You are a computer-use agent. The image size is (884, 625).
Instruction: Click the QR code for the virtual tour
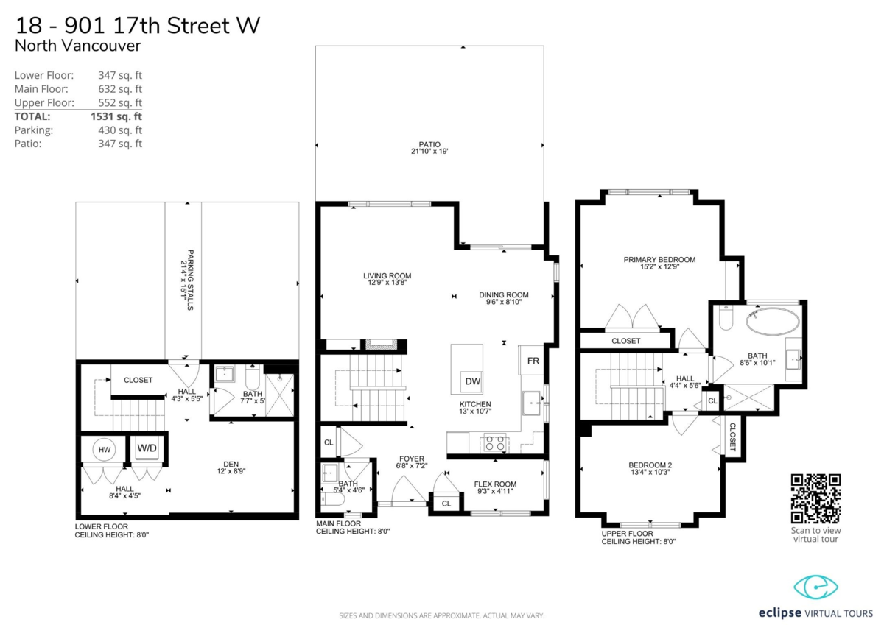[x=815, y=498]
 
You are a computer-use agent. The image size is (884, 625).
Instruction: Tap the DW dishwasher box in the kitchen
[x=472, y=381]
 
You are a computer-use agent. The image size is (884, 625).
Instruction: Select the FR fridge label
[x=533, y=361]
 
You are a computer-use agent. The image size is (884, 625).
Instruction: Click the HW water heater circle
[x=104, y=450]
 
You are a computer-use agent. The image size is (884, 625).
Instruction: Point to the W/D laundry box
[x=147, y=448]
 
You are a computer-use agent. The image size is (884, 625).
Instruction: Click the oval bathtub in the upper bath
[x=772, y=322]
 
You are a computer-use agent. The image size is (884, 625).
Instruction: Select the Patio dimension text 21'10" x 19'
[x=429, y=151]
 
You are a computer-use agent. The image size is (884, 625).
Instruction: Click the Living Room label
[x=387, y=275]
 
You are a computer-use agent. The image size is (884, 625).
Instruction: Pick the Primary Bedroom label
[x=659, y=259]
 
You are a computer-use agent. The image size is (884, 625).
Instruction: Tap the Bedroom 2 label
[x=650, y=465]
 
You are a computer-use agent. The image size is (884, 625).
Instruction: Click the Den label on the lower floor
[x=231, y=464]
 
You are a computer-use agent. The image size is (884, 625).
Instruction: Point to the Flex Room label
[x=495, y=484]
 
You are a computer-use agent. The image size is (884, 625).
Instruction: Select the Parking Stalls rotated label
[x=190, y=280]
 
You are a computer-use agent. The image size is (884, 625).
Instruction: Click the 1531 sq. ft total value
[x=116, y=116]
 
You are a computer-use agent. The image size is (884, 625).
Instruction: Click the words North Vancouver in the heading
[x=77, y=46]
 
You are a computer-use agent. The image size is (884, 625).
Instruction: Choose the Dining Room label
[x=504, y=294]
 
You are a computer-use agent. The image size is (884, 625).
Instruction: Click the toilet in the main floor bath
[x=333, y=499]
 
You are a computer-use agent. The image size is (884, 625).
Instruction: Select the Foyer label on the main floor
[x=412, y=459]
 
